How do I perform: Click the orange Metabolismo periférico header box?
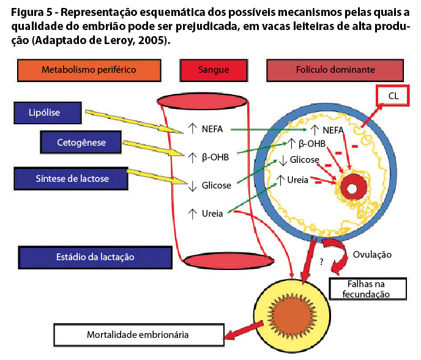89,70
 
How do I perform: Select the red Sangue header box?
214,70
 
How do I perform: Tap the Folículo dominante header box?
335,70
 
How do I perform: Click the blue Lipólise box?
48,113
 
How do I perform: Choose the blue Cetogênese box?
81,142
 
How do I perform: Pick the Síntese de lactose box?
71,179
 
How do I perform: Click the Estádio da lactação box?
95,257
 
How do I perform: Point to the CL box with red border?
393,96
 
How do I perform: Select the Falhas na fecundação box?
368,289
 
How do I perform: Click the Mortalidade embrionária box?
139,335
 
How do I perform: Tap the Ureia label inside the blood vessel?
212,214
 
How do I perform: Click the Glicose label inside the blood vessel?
217,186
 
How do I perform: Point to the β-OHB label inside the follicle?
312,144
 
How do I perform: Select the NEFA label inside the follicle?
333,130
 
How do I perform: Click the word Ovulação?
372,255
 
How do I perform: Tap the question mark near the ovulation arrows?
322,261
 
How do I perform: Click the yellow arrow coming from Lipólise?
134,121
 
